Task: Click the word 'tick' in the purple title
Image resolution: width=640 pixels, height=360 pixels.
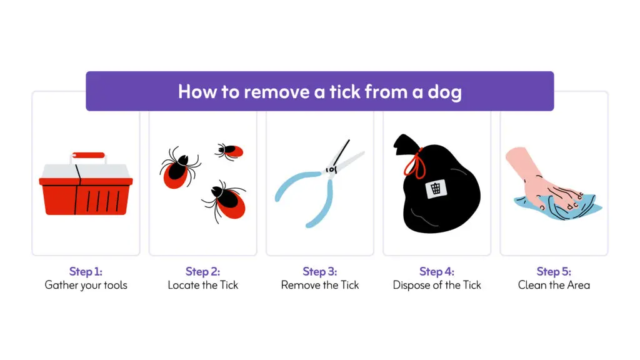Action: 345,91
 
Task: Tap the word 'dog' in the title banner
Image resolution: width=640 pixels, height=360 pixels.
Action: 444,92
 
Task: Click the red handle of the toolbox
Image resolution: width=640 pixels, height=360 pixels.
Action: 88,155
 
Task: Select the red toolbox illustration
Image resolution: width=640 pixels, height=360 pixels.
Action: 86,184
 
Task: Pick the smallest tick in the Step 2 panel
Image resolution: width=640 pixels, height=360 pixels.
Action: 229,151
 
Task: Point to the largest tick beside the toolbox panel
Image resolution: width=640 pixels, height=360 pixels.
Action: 179,167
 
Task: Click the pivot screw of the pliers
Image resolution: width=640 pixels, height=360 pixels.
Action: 331,169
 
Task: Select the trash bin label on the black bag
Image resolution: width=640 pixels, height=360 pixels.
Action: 436,189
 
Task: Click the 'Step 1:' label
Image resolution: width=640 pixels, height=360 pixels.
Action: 86,271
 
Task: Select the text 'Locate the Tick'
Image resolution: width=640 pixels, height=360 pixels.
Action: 203,285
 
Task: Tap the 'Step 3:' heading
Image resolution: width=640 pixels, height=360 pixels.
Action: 320,271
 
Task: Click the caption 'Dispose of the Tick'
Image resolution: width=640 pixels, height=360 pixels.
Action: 437,285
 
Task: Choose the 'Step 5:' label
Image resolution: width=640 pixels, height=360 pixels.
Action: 554,271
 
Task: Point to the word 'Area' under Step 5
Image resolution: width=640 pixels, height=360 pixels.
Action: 578,285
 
